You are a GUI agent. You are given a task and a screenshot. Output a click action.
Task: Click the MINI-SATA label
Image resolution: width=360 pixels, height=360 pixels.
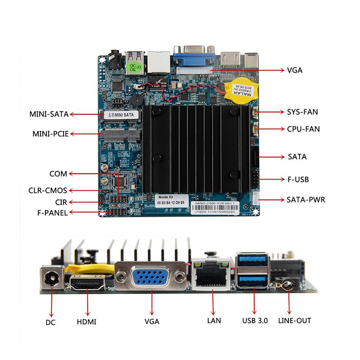(x=49, y=114)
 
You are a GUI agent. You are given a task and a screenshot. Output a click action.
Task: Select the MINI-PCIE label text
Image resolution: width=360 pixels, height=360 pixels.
(x=50, y=134)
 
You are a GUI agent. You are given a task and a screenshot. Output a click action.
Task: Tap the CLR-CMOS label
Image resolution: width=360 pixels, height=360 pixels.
(x=48, y=190)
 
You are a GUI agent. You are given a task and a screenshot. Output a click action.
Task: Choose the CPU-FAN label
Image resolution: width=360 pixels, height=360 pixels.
(x=303, y=129)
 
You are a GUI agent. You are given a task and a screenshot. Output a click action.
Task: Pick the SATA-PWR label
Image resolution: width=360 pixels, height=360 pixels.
(x=306, y=199)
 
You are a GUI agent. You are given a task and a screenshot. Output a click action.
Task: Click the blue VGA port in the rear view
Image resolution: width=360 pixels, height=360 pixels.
(x=151, y=276)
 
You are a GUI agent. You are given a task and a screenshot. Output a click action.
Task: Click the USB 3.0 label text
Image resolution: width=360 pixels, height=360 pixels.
(x=255, y=321)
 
